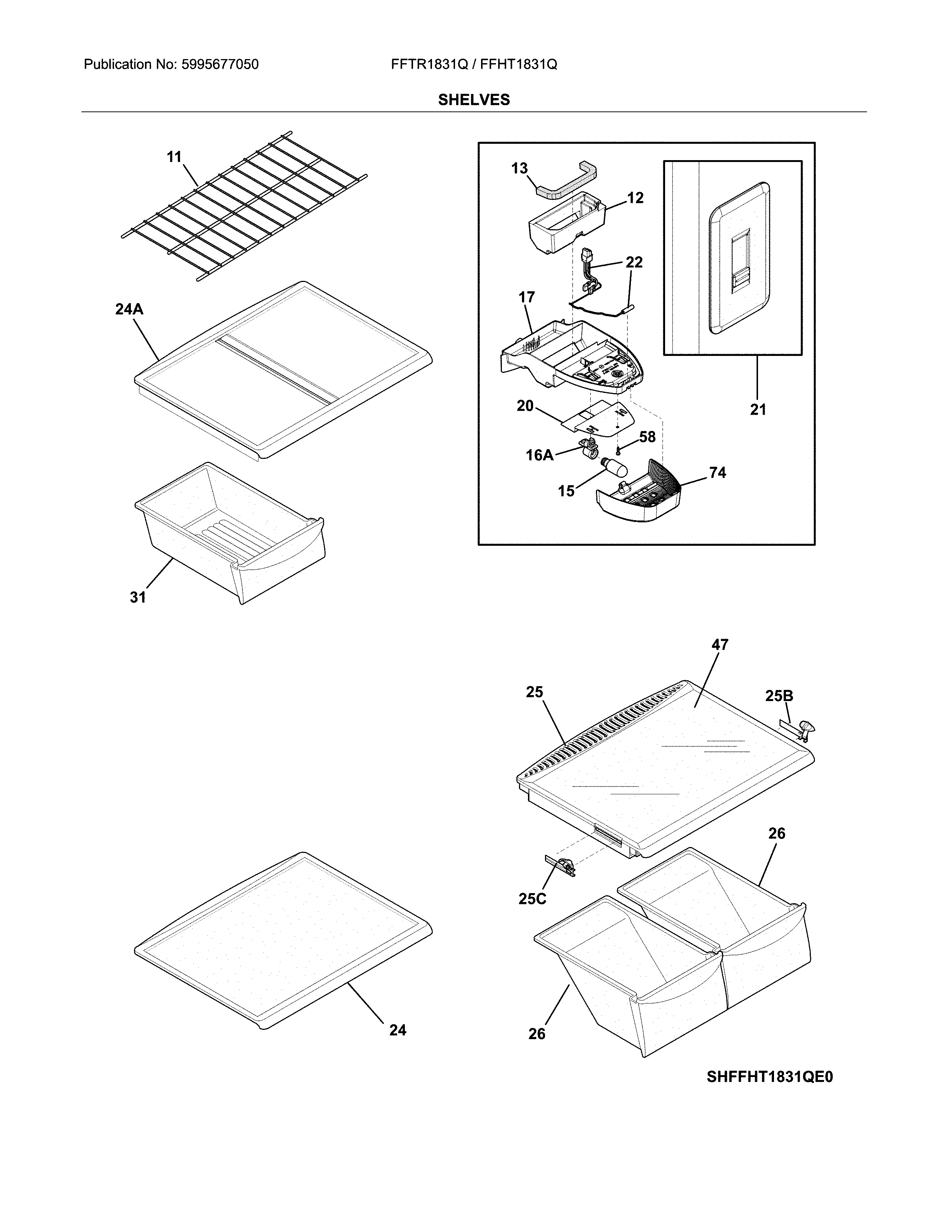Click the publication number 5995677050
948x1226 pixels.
point(220,65)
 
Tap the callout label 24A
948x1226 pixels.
point(129,309)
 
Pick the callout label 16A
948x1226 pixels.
point(539,455)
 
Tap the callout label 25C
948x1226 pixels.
point(532,899)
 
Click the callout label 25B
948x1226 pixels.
point(779,696)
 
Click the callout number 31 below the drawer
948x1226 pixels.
point(138,597)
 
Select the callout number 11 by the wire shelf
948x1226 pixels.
point(174,157)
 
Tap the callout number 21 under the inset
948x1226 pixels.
point(758,410)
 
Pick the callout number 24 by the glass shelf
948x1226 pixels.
point(398,1030)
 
